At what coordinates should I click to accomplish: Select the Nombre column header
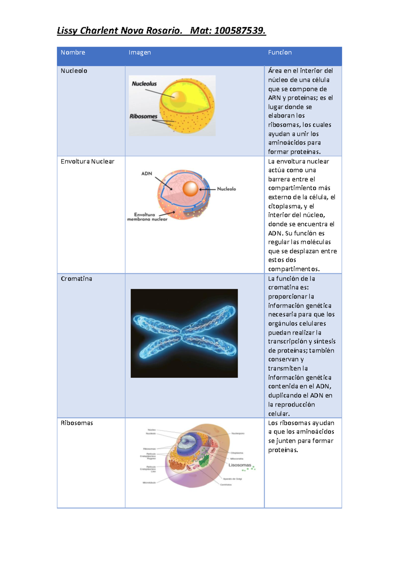pos(73,53)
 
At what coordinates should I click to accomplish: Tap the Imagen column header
pos(140,53)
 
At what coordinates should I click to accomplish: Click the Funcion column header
pos(280,53)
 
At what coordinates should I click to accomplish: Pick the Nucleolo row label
pos(74,71)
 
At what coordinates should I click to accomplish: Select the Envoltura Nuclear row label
pos(87,162)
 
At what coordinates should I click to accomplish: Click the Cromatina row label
pos(76,279)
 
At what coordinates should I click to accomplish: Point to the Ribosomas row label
pos(76,423)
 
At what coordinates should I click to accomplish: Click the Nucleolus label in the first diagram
pos(144,84)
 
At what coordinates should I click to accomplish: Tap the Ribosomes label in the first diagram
pos(143,116)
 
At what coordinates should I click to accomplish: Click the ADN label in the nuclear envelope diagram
pos(147,174)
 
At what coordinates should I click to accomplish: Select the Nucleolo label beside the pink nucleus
pos(226,189)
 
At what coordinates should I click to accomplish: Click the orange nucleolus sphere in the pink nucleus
pos(191,189)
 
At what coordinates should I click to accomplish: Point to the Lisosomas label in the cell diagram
pos(240,465)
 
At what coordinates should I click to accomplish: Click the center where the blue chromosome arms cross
pos(182,333)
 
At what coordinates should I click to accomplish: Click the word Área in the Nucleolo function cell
pos(275,71)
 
